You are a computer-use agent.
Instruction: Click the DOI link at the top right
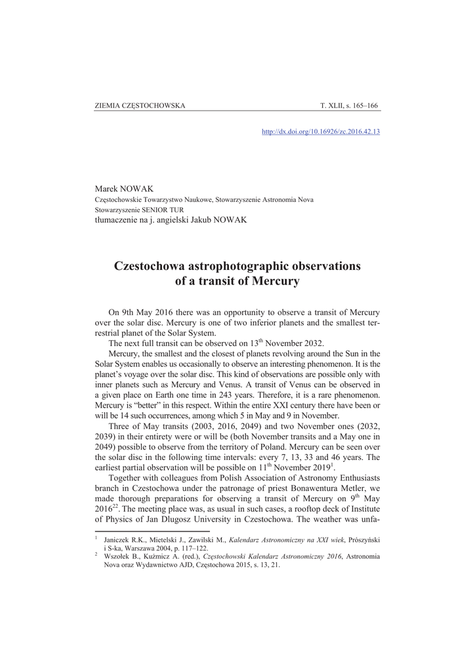(321, 131)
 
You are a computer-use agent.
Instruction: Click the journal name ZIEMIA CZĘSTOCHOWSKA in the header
(140, 105)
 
